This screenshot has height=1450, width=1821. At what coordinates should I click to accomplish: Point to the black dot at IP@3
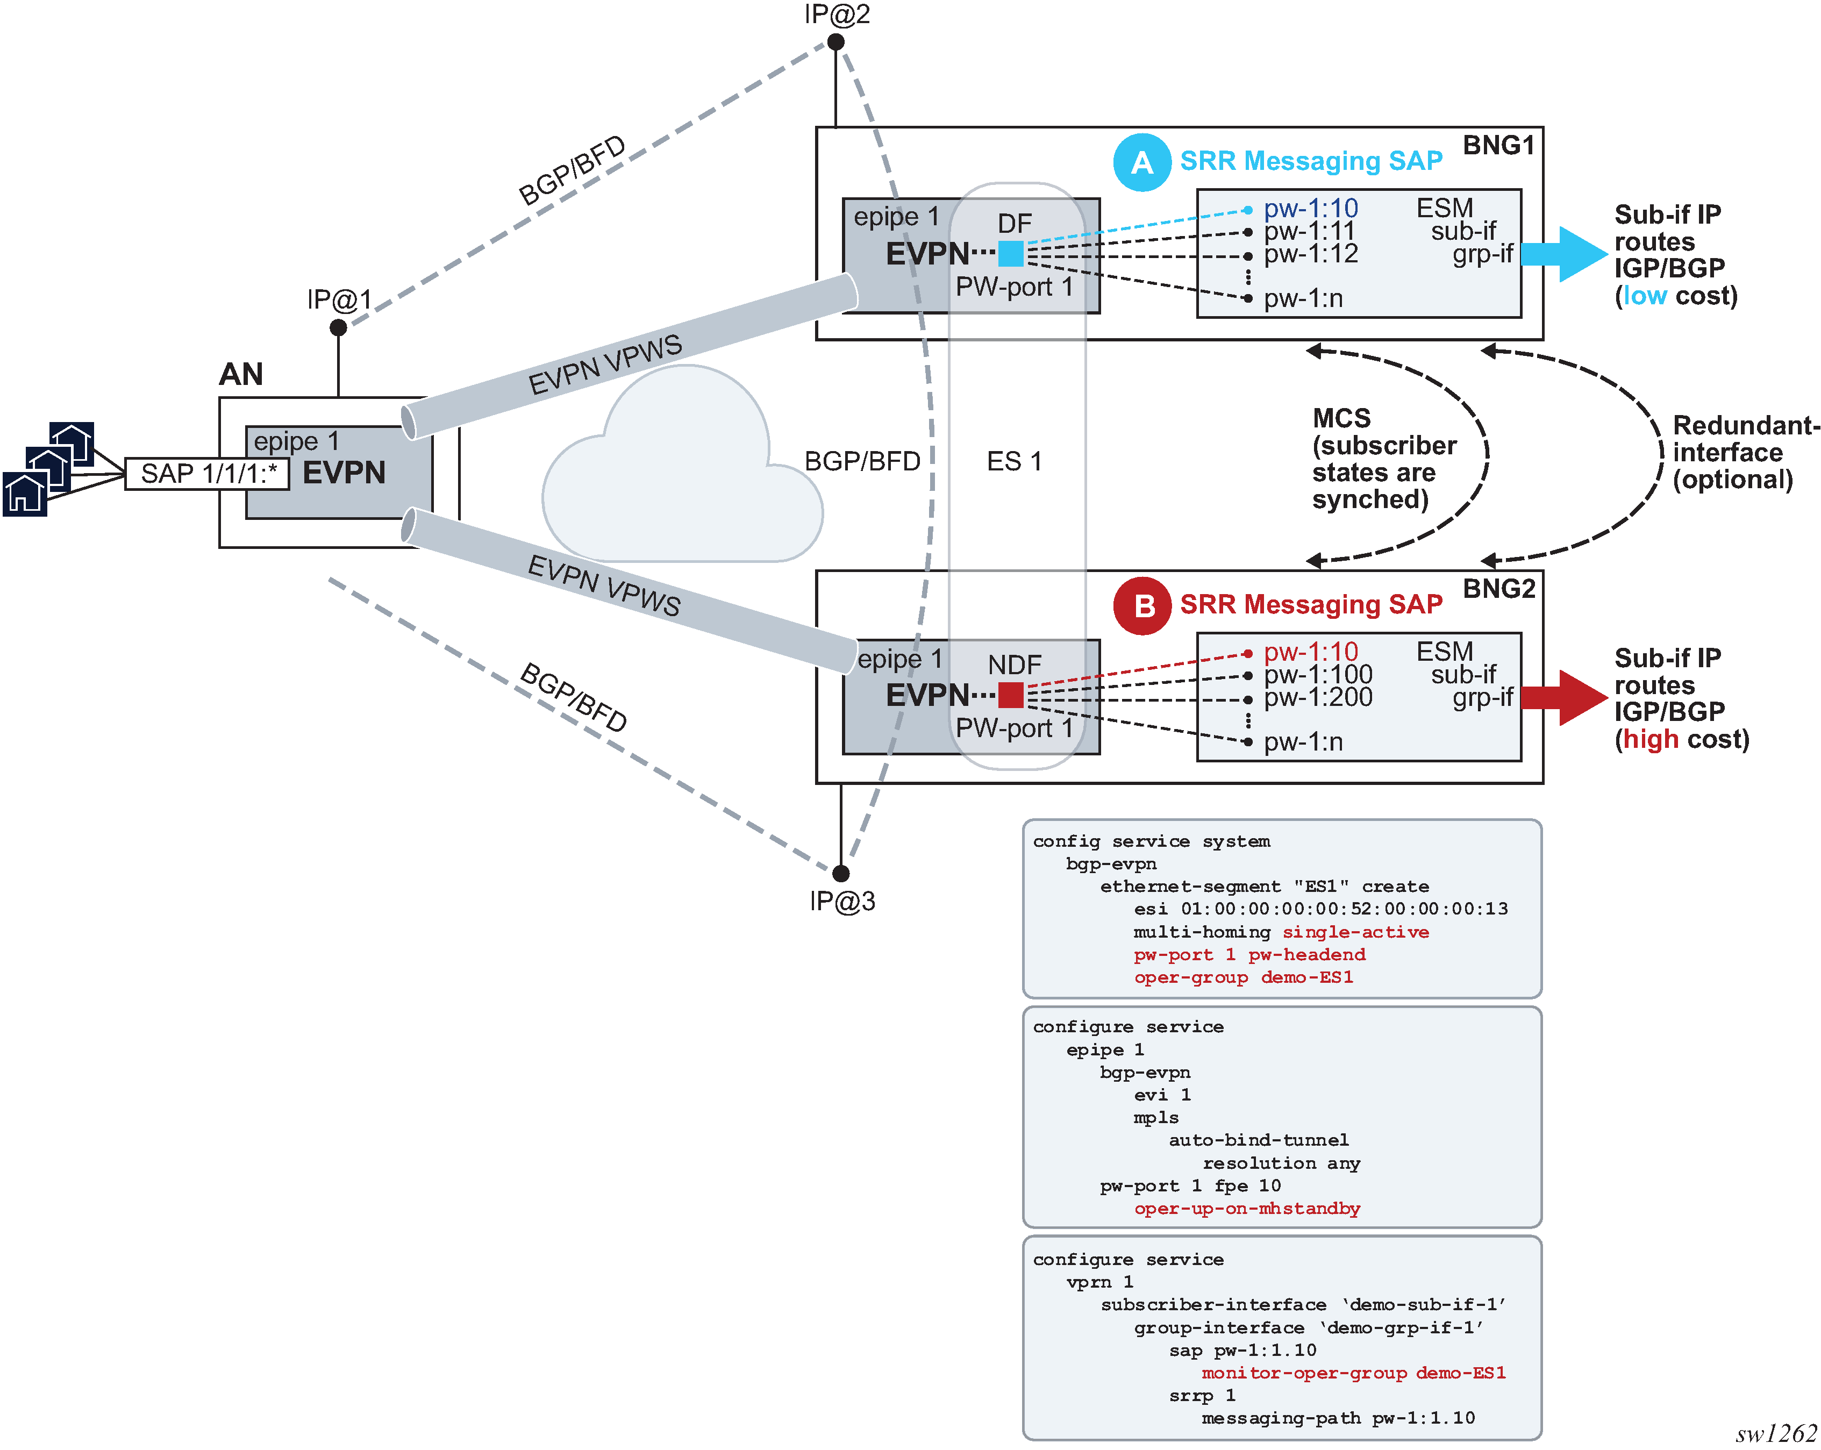tap(840, 873)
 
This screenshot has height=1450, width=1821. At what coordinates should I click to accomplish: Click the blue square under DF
tap(1011, 253)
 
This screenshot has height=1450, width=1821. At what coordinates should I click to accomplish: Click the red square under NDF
tap(1011, 695)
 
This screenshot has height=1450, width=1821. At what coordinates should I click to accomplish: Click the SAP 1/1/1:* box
tap(208, 474)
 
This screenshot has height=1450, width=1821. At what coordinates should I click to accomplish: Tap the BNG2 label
tap(1498, 589)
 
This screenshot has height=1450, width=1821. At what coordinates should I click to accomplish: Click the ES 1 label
tap(1015, 461)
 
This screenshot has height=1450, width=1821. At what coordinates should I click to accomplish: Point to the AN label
tap(241, 374)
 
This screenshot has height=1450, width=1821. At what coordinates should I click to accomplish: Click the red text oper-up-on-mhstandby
tap(1247, 1209)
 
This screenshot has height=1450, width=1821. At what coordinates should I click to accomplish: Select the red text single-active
tap(1355, 932)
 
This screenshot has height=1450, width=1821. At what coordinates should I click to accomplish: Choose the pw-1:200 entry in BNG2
tap(1318, 697)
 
